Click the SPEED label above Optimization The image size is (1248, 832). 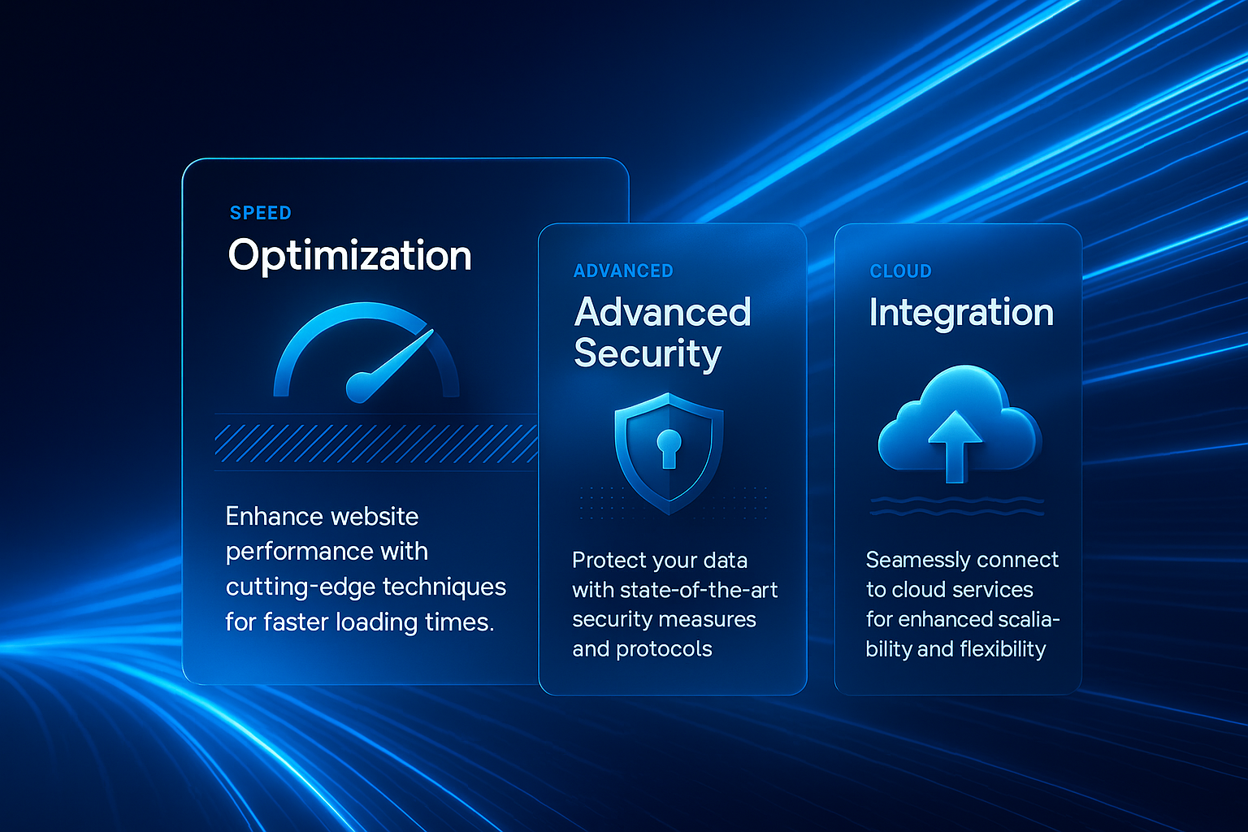[x=260, y=213]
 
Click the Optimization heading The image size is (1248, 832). [x=350, y=256]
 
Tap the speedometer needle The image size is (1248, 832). [x=390, y=366]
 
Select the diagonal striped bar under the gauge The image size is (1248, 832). [x=377, y=443]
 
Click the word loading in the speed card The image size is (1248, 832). [x=377, y=622]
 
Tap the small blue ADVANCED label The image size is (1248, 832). [x=623, y=271]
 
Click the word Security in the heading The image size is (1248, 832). [x=648, y=353]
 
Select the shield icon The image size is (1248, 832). [x=669, y=453]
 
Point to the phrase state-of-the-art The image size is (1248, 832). [x=699, y=590]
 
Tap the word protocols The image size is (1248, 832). [x=664, y=649]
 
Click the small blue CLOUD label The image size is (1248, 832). [x=900, y=271]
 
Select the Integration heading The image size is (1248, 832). [x=961, y=312]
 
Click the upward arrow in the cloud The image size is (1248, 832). [x=955, y=446]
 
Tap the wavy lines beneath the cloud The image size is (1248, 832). [x=956, y=506]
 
